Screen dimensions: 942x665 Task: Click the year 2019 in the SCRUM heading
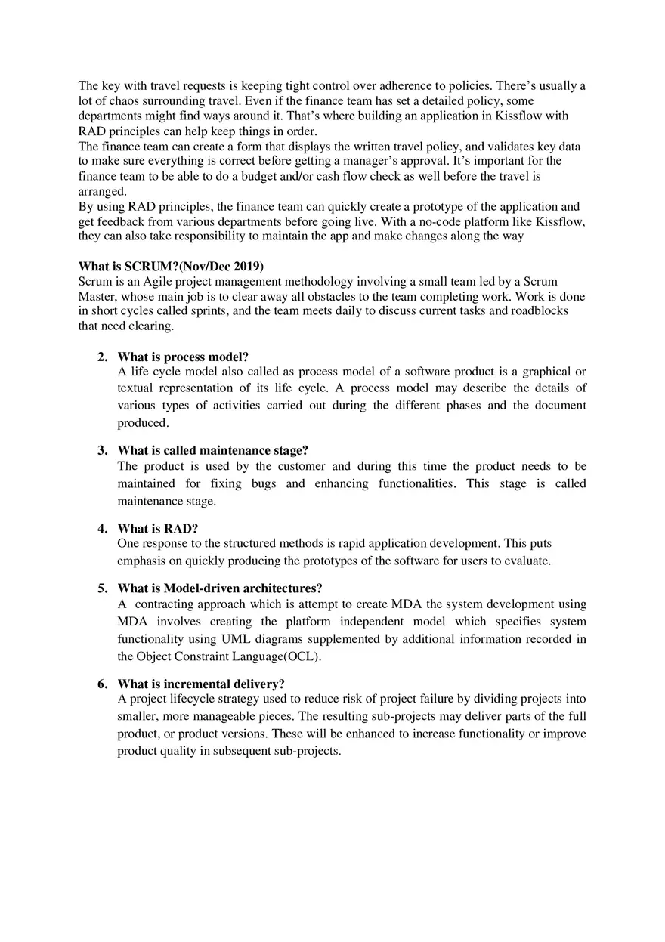tap(246, 266)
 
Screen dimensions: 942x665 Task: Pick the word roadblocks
tap(540, 311)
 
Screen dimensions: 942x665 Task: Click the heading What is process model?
tap(183, 357)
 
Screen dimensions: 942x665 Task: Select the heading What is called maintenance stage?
tap(212, 451)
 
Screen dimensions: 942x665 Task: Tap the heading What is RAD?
tap(157, 529)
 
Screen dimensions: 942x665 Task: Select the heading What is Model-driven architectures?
tap(219, 588)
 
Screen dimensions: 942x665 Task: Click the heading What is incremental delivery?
tap(200, 684)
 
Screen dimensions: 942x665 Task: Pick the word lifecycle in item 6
tap(189, 699)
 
